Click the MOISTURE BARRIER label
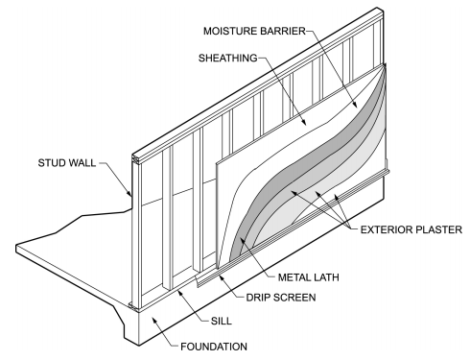click(254, 31)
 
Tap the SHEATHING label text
click(228, 58)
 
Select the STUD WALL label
click(67, 163)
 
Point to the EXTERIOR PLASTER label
click(411, 229)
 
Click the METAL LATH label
click(308, 277)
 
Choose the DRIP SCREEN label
click(281, 298)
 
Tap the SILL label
click(222, 321)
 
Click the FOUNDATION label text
click(214, 347)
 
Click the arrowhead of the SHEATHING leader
click(304, 122)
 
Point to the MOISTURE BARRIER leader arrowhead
click(355, 105)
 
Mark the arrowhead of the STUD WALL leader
click(129, 193)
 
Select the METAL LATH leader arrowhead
click(243, 240)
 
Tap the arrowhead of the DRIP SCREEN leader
click(222, 276)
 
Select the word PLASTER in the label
click(438, 229)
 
